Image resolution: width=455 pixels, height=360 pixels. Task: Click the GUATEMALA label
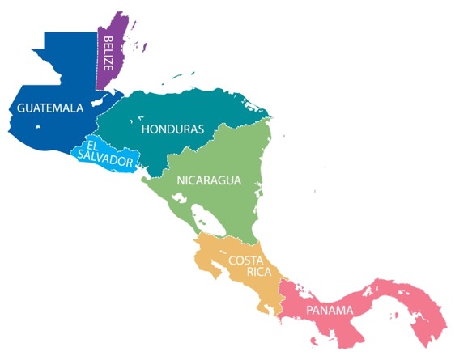[x=50, y=107]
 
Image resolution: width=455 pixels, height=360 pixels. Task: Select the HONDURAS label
[x=172, y=129]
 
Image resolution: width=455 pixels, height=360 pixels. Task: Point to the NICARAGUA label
[x=209, y=180]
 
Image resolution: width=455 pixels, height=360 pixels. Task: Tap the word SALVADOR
[x=107, y=162]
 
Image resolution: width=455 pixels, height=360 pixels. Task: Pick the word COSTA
[x=247, y=260]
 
